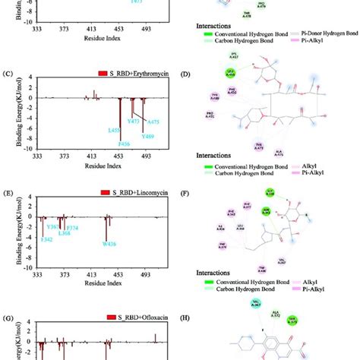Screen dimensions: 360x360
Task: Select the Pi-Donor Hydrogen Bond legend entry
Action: [x=314, y=46]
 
